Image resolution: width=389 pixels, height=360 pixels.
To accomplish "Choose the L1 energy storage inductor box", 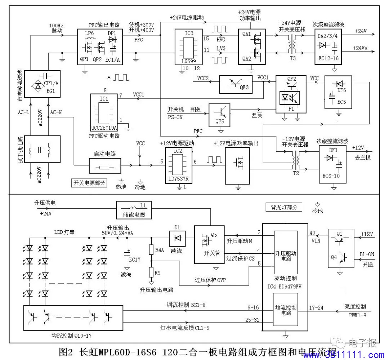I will [134, 210].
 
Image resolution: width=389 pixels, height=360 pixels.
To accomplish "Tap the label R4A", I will [159, 250].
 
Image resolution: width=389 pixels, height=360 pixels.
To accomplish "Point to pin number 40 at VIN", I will [313, 232].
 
